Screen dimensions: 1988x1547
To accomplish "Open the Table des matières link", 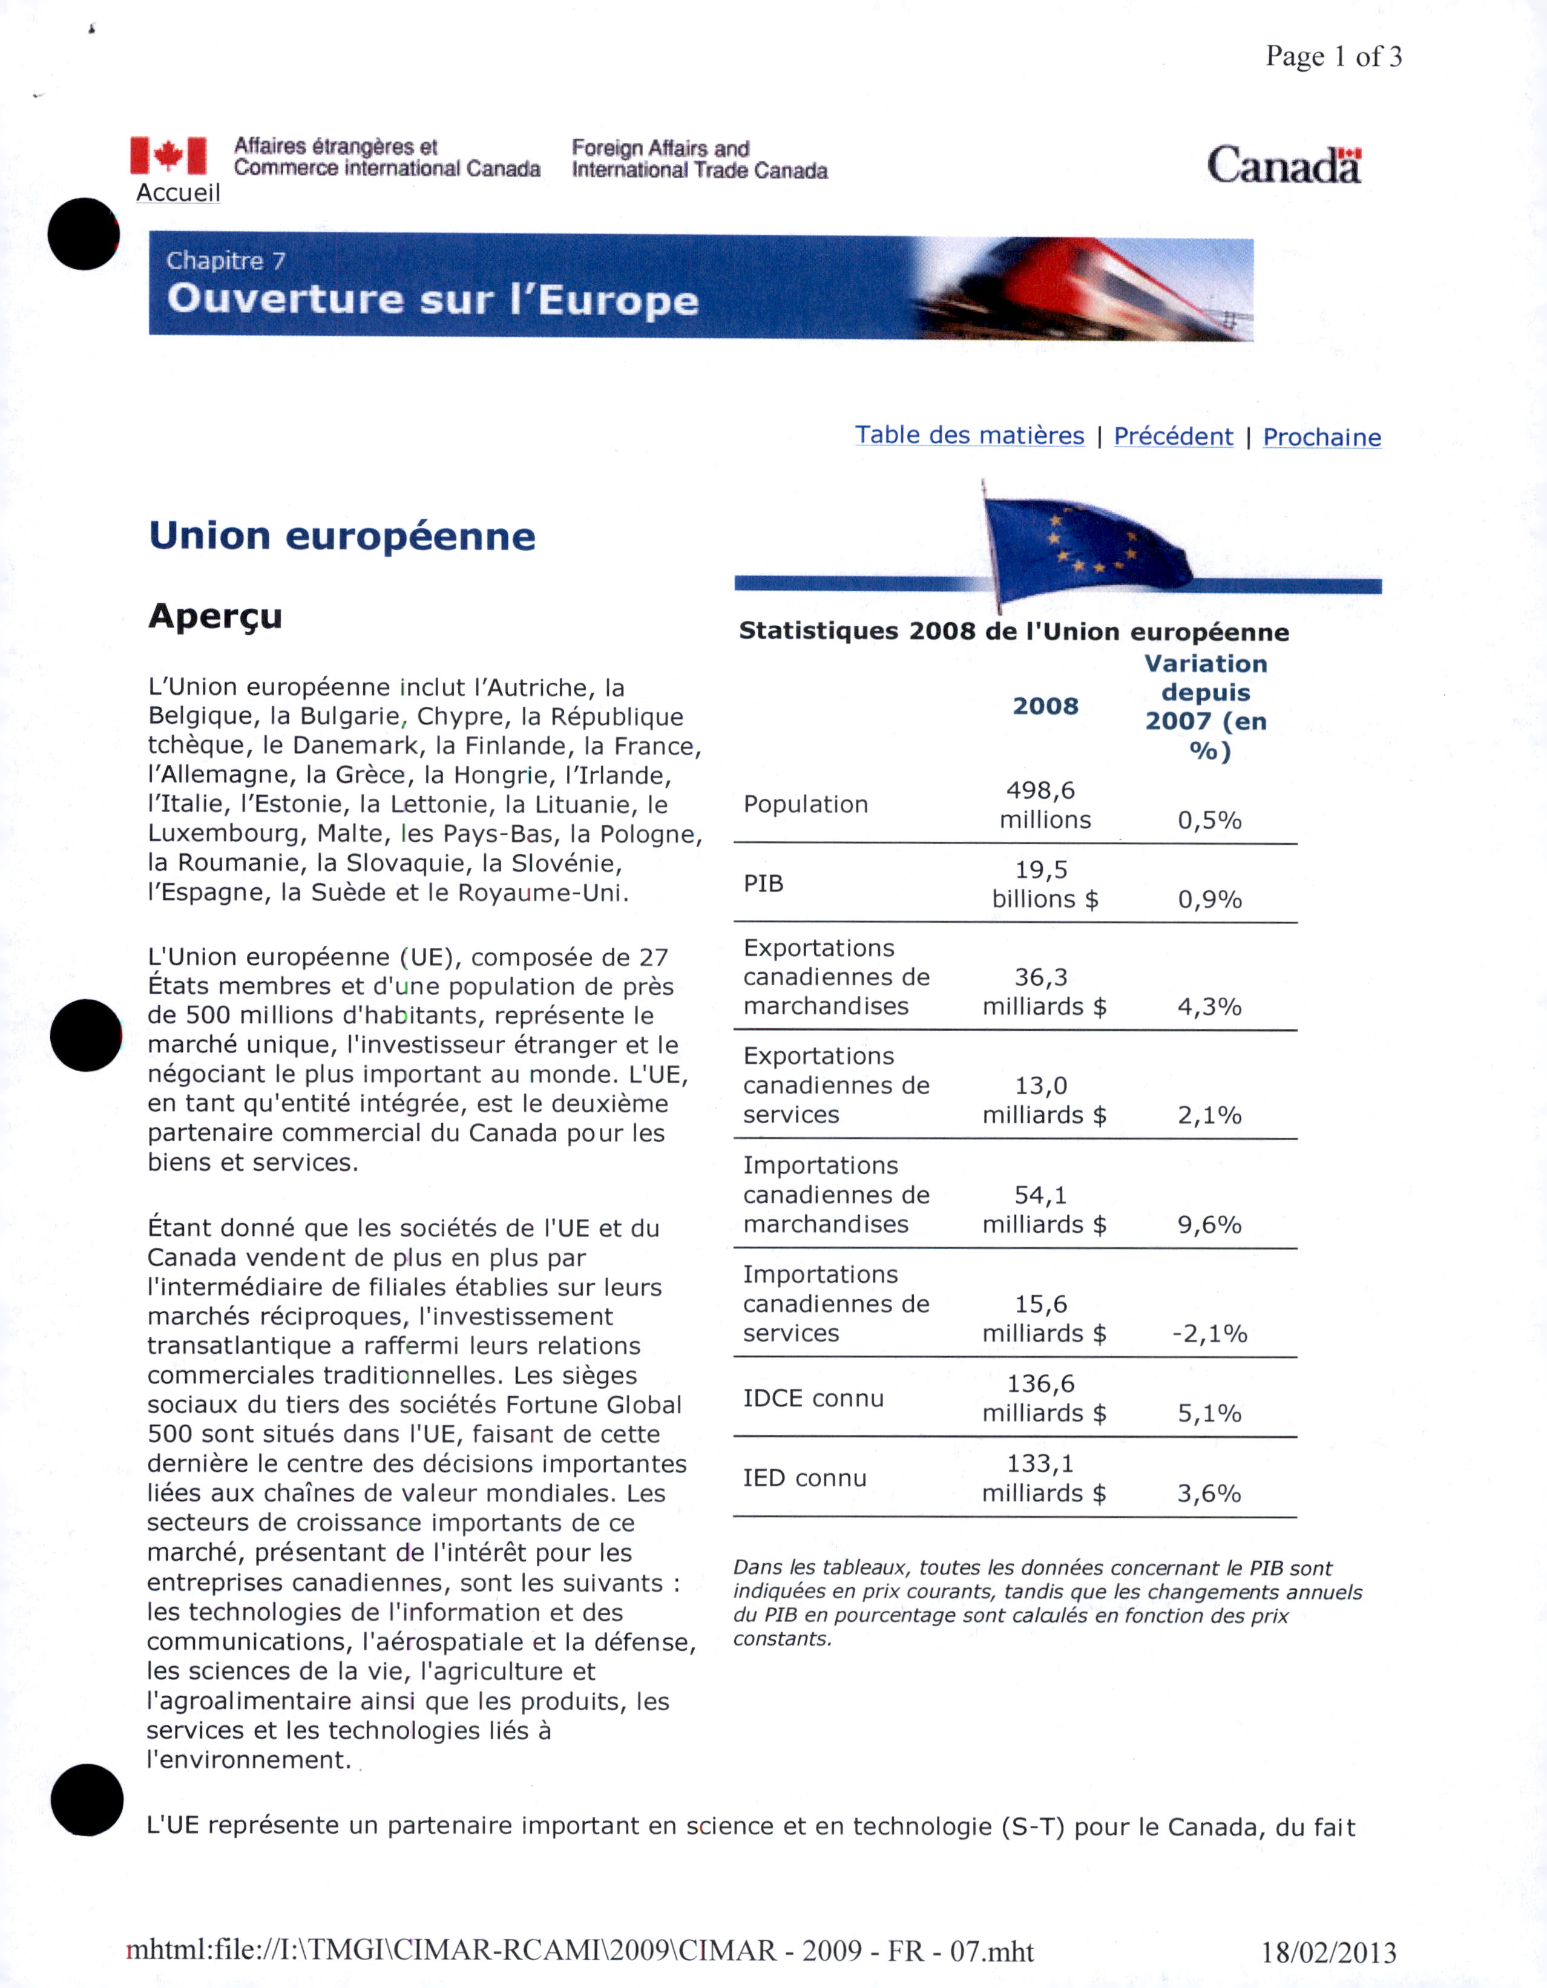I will click(969, 435).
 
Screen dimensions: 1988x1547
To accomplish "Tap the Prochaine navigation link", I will click(1321, 437).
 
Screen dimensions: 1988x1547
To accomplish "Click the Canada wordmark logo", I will click(1283, 166).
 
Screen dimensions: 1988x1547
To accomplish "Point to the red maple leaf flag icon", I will click(168, 156).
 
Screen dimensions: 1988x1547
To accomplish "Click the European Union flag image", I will click(1083, 544).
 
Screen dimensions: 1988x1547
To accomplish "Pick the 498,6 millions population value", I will click(1045, 805).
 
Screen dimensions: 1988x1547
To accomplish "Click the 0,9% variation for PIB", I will click(1209, 899).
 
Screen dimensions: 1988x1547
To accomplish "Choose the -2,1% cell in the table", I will click(1209, 1334).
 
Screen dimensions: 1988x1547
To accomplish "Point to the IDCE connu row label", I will click(813, 1398).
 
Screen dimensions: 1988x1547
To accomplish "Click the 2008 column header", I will click(1045, 706).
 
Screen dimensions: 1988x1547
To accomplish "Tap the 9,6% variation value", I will click(1209, 1224).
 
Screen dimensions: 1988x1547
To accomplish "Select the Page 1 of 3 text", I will click(1333, 56).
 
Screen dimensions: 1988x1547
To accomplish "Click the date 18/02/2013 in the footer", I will click(1329, 1952).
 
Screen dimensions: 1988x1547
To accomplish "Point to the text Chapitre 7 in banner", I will click(226, 261).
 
